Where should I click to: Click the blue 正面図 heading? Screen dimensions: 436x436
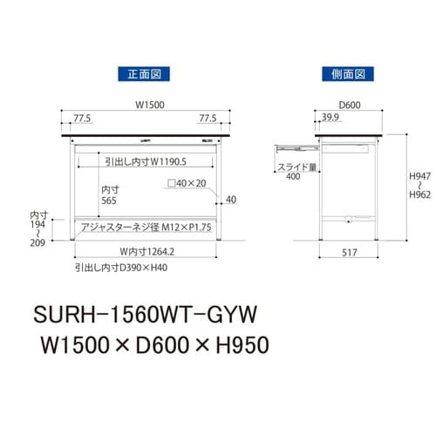(145, 74)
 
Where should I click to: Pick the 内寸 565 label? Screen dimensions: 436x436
(109, 194)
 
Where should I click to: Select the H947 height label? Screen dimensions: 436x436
(418, 174)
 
